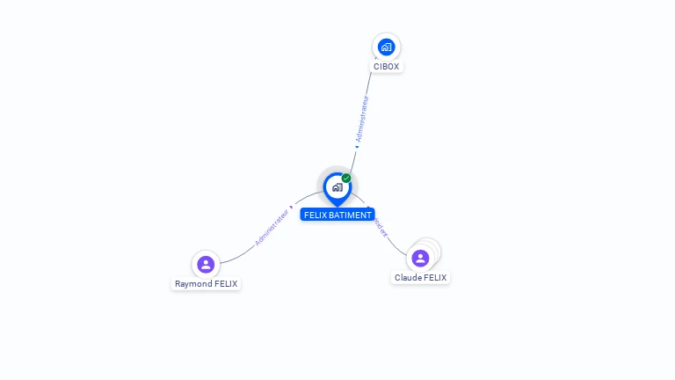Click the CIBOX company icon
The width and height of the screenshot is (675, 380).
click(386, 47)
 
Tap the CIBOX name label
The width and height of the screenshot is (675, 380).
click(387, 67)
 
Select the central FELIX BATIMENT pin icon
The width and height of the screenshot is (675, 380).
click(337, 186)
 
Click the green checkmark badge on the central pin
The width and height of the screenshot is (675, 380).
click(346, 178)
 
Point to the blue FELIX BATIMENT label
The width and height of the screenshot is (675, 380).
click(337, 215)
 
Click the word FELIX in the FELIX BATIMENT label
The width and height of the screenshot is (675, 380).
click(316, 215)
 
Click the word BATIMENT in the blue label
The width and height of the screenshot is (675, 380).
click(350, 215)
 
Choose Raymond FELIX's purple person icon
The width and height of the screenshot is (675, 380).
click(206, 264)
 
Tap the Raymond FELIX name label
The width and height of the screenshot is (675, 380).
click(206, 284)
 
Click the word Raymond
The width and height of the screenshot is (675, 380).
click(193, 284)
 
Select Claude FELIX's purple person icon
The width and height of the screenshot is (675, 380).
click(420, 258)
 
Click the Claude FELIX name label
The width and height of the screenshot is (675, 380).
click(420, 278)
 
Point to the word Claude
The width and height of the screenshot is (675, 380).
click(408, 278)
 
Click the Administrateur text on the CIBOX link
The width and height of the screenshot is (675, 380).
click(362, 118)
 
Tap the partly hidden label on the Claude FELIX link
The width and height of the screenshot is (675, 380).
click(381, 229)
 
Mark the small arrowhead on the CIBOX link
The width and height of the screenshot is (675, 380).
click(357, 146)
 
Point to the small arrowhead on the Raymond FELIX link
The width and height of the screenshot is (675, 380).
click(291, 208)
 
